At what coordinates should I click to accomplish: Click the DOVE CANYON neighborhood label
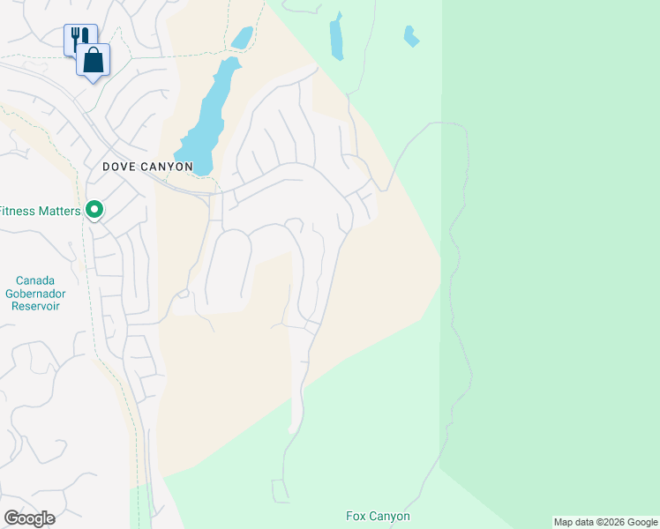[x=147, y=166]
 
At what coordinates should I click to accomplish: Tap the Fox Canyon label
[x=378, y=516]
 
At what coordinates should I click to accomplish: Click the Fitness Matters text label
[x=41, y=211]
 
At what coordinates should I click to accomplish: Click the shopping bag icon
[x=93, y=61]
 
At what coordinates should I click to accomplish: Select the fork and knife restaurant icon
[x=79, y=38]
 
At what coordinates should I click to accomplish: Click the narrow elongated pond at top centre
[x=336, y=38]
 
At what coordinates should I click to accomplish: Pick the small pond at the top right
[x=409, y=36]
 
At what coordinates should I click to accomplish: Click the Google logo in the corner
[x=29, y=518]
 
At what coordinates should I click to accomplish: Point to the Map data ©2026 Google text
[x=605, y=522]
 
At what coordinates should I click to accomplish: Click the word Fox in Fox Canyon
[x=356, y=516]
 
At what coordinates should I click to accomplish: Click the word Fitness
[x=19, y=211]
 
